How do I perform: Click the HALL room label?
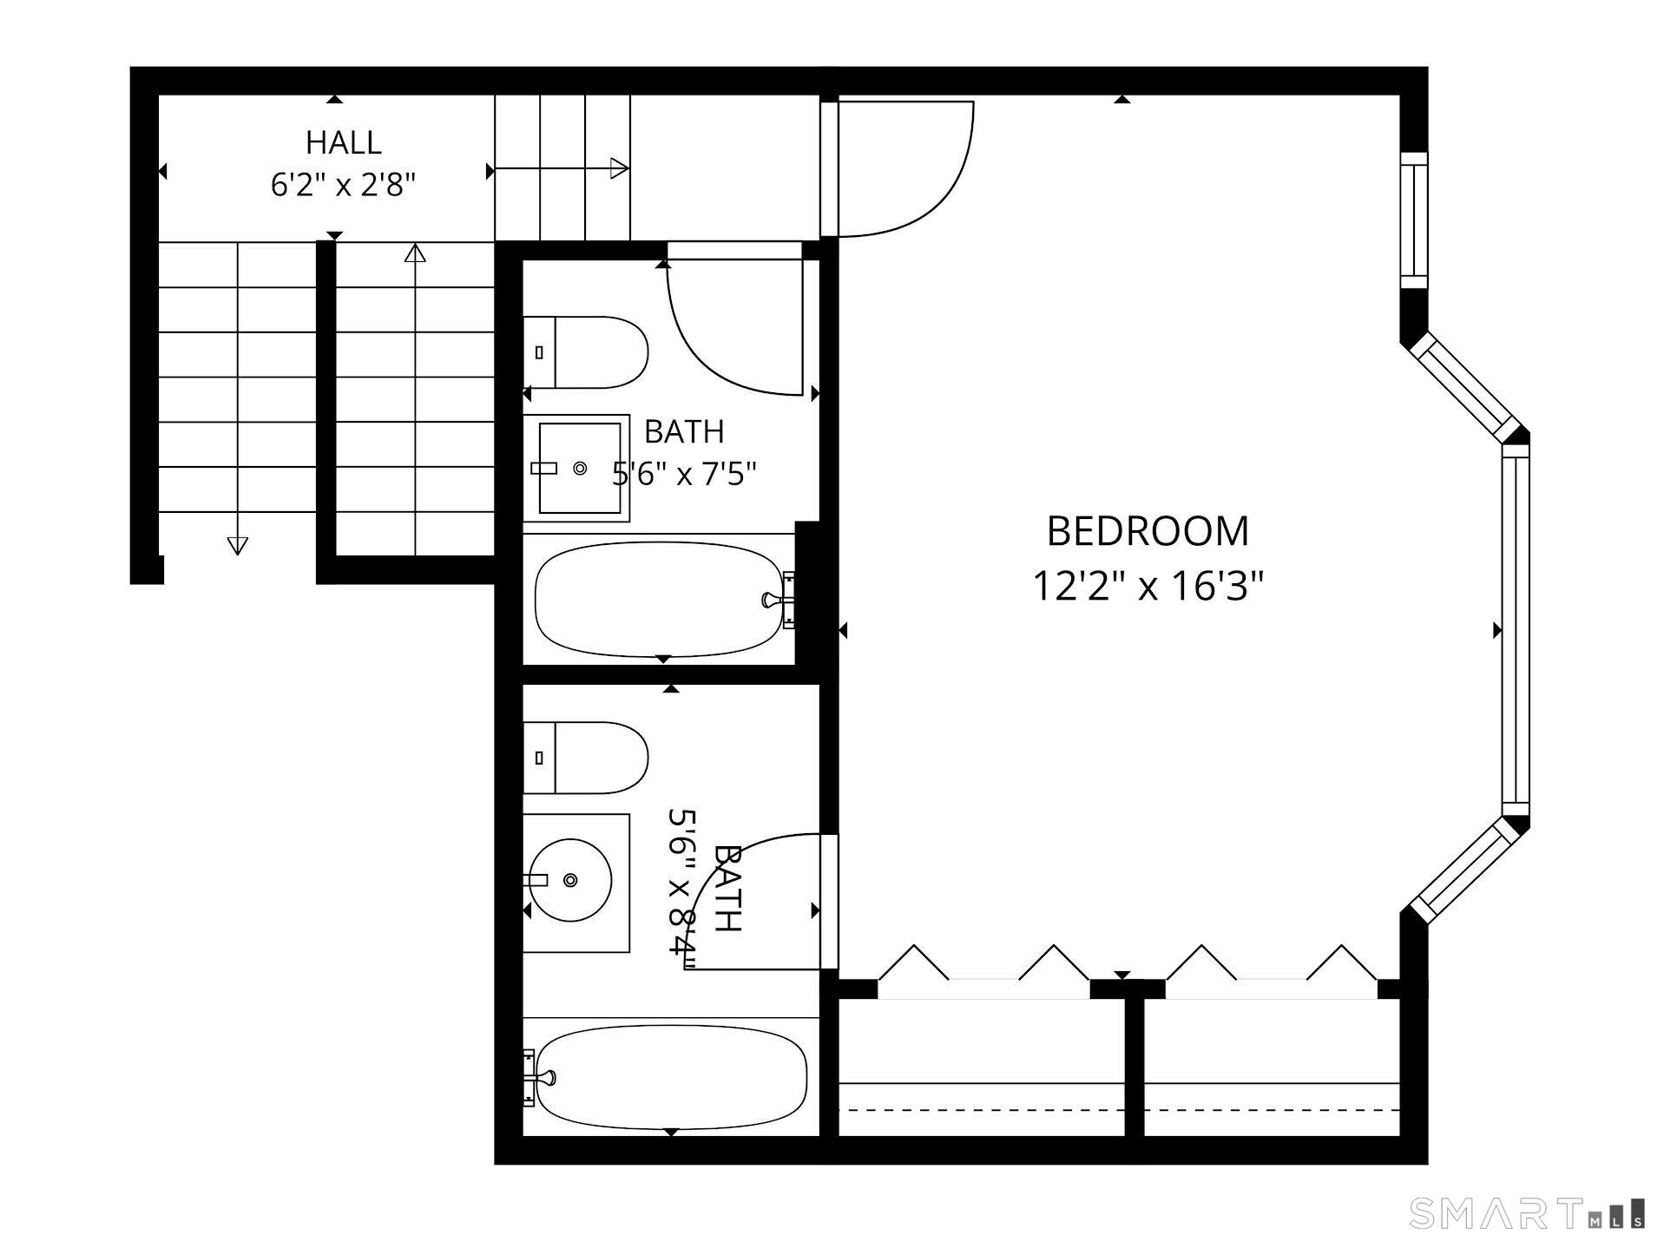[344, 142]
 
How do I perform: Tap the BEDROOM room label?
[1148, 531]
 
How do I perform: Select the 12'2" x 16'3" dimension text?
[1148, 586]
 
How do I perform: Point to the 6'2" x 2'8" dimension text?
[344, 185]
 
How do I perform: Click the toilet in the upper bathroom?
[586, 352]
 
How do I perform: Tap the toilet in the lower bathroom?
[586, 758]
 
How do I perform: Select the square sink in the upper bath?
[576, 468]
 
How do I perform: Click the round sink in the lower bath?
[570, 880]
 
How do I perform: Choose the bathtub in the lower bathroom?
[672, 1077]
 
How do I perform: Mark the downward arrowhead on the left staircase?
[237, 546]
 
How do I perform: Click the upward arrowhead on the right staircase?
[416, 253]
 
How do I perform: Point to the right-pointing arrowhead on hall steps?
[620, 168]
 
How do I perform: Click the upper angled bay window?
[1464, 386]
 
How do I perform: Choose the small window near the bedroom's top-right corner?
[1414, 220]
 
